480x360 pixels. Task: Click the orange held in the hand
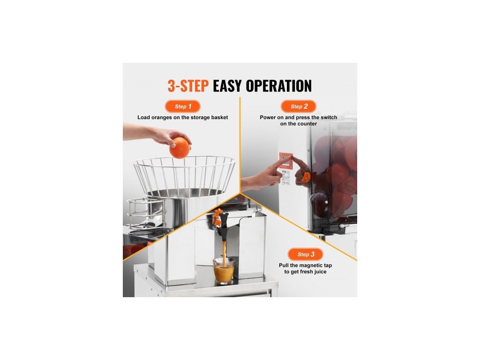tap(180, 148)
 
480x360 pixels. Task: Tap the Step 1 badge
tap(183, 106)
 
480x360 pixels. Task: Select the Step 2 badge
tap(299, 106)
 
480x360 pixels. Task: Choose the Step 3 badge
tap(306, 255)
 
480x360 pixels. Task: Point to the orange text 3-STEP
tap(188, 86)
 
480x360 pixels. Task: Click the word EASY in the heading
tap(227, 86)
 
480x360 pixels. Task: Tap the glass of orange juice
tap(224, 271)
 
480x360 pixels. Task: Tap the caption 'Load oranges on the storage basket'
tap(182, 117)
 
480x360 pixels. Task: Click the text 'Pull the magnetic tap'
tap(305, 265)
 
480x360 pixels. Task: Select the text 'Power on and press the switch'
tap(299, 117)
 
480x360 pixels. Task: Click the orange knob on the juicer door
tap(306, 177)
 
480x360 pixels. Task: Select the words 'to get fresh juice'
tap(305, 272)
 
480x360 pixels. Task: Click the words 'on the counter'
tap(299, 124)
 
